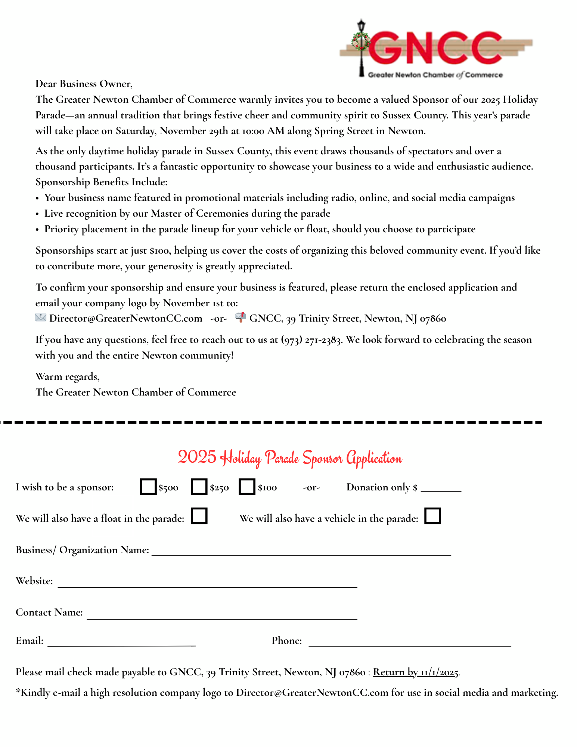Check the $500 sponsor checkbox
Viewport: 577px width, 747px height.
148,487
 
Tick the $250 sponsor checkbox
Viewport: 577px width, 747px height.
199,487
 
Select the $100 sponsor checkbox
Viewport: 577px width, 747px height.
247,487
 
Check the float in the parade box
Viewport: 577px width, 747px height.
199,516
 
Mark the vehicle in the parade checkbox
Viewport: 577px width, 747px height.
432,516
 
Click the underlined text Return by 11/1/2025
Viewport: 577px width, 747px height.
416,672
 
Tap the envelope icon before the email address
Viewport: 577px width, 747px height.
40,318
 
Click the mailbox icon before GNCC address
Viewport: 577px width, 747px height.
241,317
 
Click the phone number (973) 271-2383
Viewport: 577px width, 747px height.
311,340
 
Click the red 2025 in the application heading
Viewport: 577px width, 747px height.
197,457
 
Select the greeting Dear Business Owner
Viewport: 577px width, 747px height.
84,84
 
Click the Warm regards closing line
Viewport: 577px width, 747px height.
67,376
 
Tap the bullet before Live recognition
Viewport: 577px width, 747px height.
37,214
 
